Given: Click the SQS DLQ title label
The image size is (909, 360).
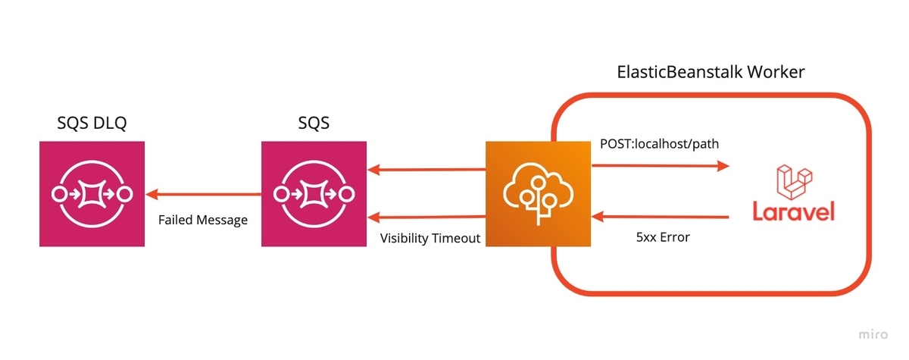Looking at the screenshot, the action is (x=92, y=123).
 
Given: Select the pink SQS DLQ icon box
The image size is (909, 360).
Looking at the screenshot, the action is (x=92, y=193).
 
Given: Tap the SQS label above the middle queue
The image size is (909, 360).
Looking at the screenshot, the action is (x=314, y=123).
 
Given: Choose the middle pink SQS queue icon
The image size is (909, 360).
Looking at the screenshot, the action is (x=314, y=193).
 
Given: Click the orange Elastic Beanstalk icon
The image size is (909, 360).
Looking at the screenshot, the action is (x=538, y=193).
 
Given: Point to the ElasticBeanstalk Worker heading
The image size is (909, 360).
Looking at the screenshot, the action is (x=711, y=72).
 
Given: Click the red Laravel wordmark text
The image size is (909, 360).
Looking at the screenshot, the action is (x=793, y=211).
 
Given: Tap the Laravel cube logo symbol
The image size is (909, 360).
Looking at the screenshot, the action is (x=794, y=182).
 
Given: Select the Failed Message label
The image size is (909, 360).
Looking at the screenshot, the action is (x=203, y=220).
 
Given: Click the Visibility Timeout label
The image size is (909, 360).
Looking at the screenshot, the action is (x=430, y=238).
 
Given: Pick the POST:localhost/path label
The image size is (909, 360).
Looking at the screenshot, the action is (x=660, y=144).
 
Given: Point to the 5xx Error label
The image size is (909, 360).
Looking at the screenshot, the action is (x=663, y=237).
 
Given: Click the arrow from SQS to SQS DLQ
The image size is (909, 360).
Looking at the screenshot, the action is (x=203, y=195).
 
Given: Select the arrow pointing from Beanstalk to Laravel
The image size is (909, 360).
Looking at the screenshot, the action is (x=661, y=165).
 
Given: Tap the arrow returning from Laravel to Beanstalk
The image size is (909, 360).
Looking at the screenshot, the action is (x=661, y=217).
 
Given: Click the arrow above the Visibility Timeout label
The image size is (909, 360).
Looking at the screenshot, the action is (x=426, y=217).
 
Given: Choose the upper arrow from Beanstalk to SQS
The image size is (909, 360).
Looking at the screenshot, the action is (x=426, y=169).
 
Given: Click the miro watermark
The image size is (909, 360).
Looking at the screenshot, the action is (x=873, y=334).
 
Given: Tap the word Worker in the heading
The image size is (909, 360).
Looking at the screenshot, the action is (x=776, y=72).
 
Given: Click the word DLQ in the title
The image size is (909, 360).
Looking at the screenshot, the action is (x=109, y=123).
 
